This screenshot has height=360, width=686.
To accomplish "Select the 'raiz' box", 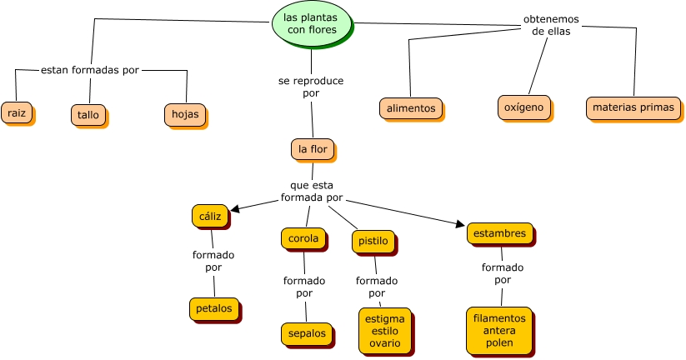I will (16, 112).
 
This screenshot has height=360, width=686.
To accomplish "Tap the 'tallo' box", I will (88, 114).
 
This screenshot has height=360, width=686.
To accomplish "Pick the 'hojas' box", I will (184, 115).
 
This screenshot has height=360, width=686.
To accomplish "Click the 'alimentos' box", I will (411, 108).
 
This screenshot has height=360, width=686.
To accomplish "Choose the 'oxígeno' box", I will (523, 107).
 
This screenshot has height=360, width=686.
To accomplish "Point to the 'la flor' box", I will (313, 149).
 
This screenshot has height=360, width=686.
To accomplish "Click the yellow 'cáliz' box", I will (209, 216).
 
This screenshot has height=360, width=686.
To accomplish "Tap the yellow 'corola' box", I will (303, 238).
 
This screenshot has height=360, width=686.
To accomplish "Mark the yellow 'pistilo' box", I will (373, 242).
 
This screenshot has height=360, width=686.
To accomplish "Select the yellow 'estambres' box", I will (499, 234).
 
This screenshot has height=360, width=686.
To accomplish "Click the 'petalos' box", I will (213, 309).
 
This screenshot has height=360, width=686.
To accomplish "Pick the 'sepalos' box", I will (306, 334).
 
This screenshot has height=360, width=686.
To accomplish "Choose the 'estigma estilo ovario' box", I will (385, 330).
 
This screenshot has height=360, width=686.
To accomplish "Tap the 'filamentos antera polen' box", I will (498, 330).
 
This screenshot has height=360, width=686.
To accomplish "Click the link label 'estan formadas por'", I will (89, 70).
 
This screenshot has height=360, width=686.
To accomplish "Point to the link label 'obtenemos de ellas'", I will (550, 25).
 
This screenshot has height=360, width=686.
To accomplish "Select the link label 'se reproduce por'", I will (310, 87).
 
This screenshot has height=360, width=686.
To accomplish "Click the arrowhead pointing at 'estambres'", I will (460, 223).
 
